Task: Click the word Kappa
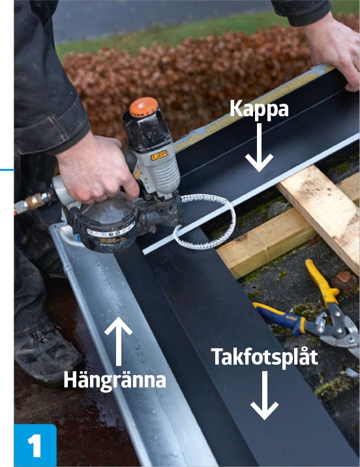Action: tap(259, 108)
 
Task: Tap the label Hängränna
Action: tap(114, 380)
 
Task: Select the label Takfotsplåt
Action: tap(264, 357)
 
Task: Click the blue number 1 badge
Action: tap(35, 445)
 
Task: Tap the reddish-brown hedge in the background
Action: tap(196, 72)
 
